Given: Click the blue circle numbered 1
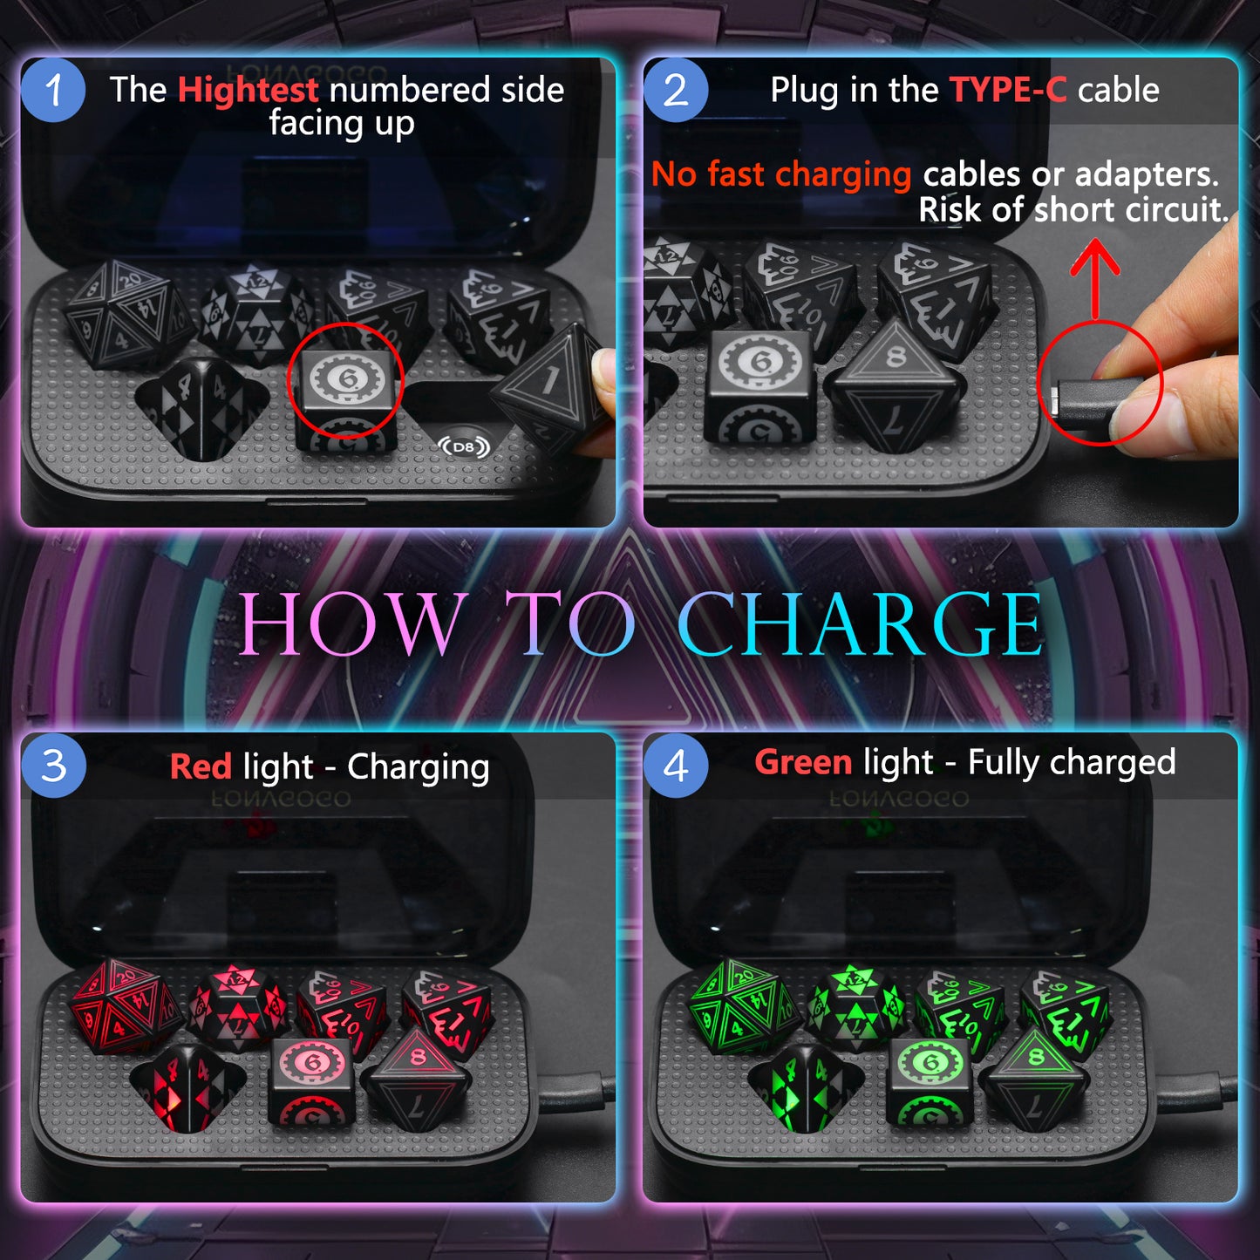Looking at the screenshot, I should point(53,91).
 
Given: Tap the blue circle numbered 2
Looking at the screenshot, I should point(676,91).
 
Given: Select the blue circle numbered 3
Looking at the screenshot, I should point(53,766).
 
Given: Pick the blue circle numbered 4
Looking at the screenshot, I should point(676,766).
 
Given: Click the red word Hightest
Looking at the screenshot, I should point(249,90).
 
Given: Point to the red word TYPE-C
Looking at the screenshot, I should point(1008,90).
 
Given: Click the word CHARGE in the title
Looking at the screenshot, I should point(860,623).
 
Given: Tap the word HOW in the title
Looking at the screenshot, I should point(351,623).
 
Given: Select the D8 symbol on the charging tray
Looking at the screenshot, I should point(464,447).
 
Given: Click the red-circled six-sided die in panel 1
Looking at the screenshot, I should point(346,392).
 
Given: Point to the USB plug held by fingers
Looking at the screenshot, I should point(1081,404).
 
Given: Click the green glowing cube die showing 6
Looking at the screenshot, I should point(930,1081).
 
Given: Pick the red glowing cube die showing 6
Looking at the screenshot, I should point(311,1081).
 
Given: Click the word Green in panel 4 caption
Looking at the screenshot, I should point(803,762).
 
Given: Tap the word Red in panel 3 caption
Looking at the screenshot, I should point(201,767).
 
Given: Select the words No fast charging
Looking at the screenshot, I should point(780,174).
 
